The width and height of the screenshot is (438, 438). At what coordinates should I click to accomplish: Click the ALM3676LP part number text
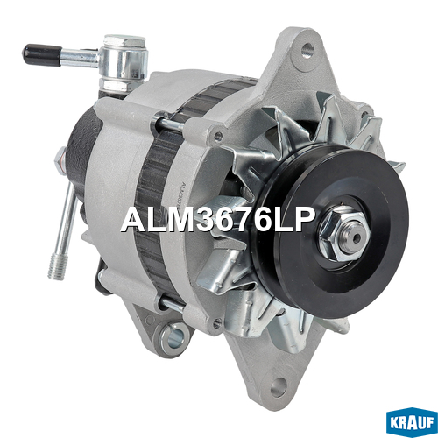point(218,221)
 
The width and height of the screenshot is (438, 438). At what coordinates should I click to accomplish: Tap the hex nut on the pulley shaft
point(343,234)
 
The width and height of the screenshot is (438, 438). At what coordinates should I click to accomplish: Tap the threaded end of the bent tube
point(58,265)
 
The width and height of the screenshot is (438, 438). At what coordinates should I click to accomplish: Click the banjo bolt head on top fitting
point(124,41)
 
